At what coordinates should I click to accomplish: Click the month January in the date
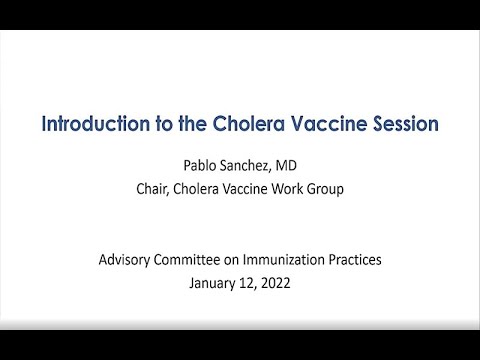(x=214, y=284)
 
